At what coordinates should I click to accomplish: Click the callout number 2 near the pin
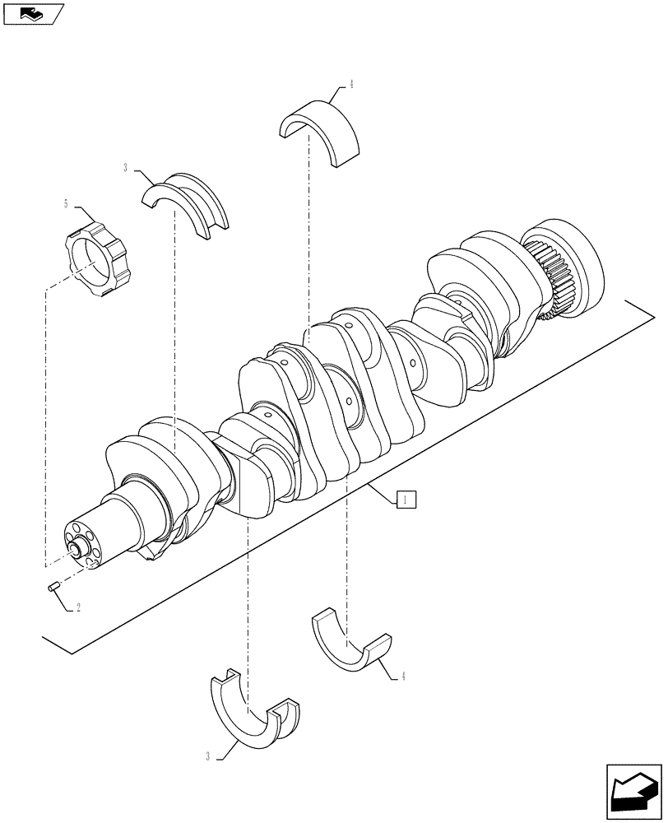coord(78,608)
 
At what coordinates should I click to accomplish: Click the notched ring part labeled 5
coord(91,260)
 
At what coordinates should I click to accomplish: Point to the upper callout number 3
coord(125,169)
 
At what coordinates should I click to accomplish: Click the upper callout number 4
coord(351,85)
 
